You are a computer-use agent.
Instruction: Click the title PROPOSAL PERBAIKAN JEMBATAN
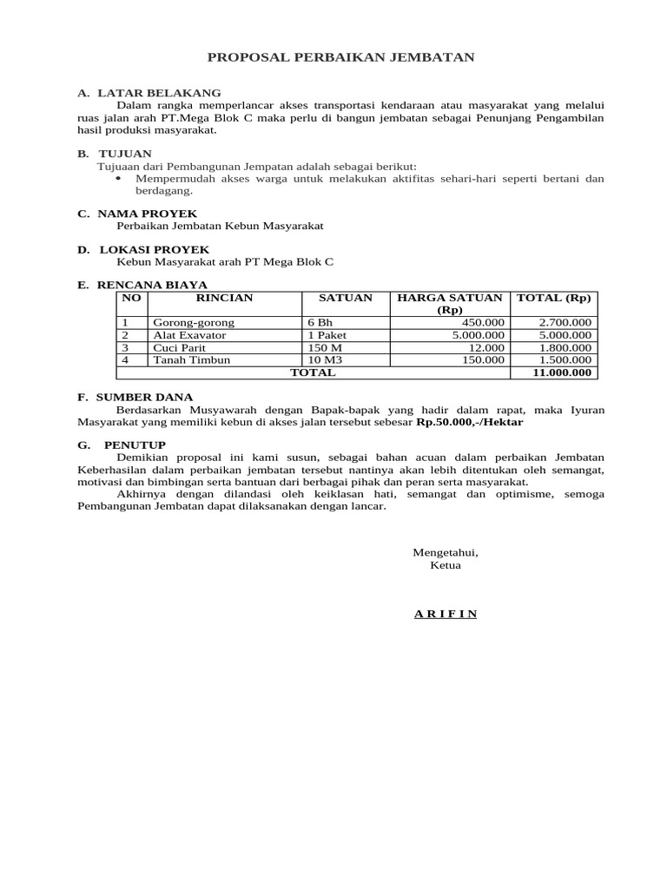340,57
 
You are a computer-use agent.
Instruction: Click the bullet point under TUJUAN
121,179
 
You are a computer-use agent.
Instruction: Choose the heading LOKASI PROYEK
153,249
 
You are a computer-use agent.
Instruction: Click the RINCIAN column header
224,298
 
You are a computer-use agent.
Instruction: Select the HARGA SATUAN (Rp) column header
449,304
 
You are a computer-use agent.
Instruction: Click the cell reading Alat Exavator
189,335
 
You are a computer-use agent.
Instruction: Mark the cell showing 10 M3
325,359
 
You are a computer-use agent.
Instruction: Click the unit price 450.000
482,322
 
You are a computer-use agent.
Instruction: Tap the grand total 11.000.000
561,372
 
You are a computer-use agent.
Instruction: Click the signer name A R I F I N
445,614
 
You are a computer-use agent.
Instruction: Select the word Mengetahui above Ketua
445,552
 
